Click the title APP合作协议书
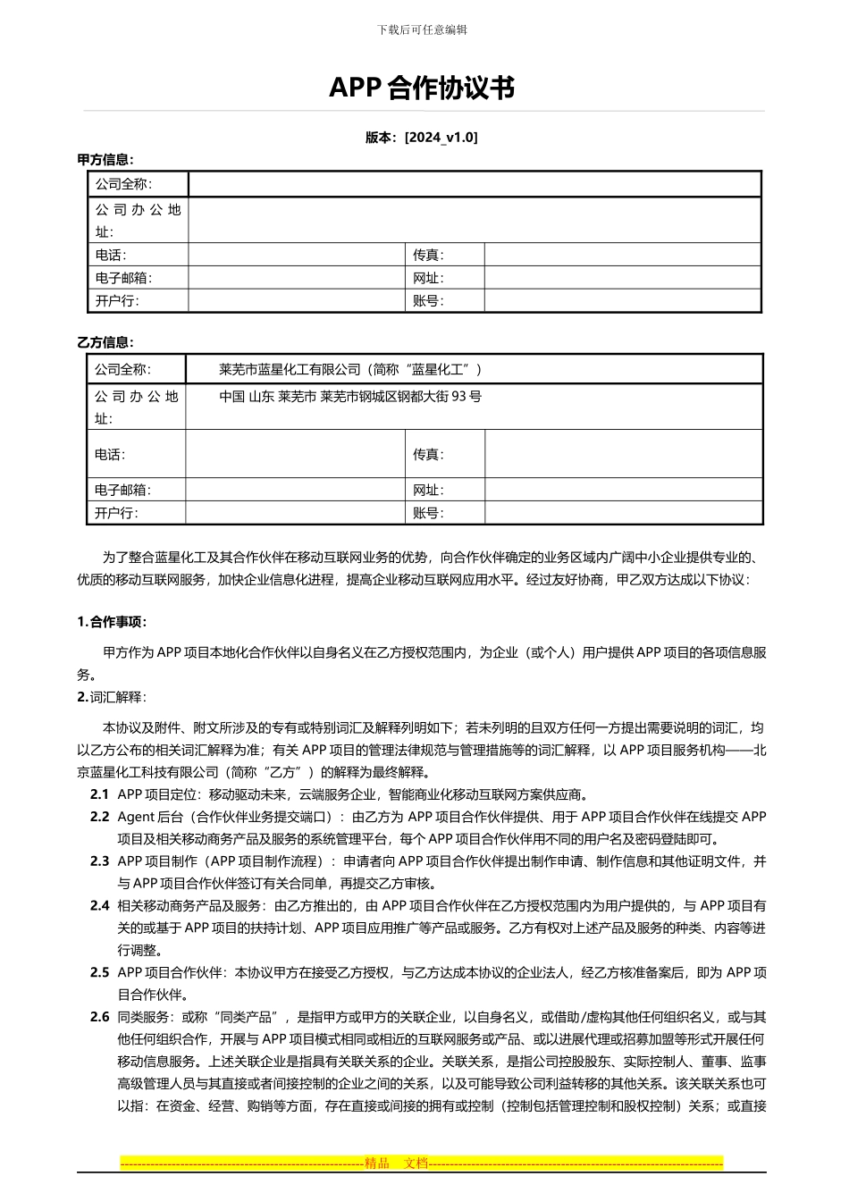coord(422,88)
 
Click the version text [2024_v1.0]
coord(441,138)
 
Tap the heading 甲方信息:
coord(105,160)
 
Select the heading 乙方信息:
coord(105,342)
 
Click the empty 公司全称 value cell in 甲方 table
coord(474,184)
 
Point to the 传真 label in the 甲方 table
coord(428,256)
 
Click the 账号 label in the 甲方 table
coord(428,301)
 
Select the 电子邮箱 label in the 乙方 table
coord(123,490)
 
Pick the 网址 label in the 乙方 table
coord(428,490)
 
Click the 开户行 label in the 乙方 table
coord(117,513)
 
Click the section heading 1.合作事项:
coord(112,622)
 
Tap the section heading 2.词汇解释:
coord(112,697)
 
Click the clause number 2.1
coord(99,794)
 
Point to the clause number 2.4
coord(99,906)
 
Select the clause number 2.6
coord(99,1018)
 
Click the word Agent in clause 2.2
coord(136,817)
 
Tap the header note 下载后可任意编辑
coord(422,29)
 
